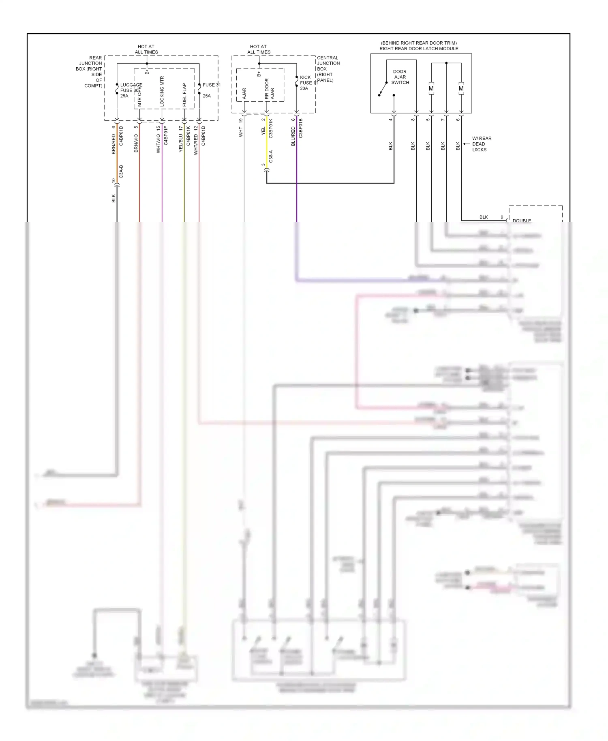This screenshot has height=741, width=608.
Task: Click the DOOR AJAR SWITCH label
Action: coord(400,77)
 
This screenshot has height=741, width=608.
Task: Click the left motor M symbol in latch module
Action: coord(431,89)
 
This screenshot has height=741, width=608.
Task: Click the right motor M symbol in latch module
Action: coord(461,89)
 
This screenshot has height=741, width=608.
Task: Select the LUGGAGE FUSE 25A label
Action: coord(130,90)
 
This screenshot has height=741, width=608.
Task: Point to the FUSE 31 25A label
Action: coord(211,90)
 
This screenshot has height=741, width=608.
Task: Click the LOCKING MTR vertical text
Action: coord(162,91)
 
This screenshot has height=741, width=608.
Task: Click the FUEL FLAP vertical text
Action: coord(184,95)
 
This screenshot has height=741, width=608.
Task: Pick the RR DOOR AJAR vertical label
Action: coord(269,89)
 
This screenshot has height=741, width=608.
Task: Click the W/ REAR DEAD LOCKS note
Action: coord(481,144)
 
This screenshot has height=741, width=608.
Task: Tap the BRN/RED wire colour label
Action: coord(114,144)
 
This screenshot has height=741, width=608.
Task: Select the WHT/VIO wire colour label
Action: coord(158,143)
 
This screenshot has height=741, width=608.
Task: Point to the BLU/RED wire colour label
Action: coord(293,136)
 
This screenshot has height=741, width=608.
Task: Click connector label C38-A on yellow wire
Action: coord(271,156)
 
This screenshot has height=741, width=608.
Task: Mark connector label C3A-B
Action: coord(121,172)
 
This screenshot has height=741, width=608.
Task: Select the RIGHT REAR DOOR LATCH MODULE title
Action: coord(419,49)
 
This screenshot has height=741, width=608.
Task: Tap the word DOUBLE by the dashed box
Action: coord(522,221)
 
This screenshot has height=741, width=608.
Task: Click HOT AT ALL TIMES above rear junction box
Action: coord(146,49)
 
